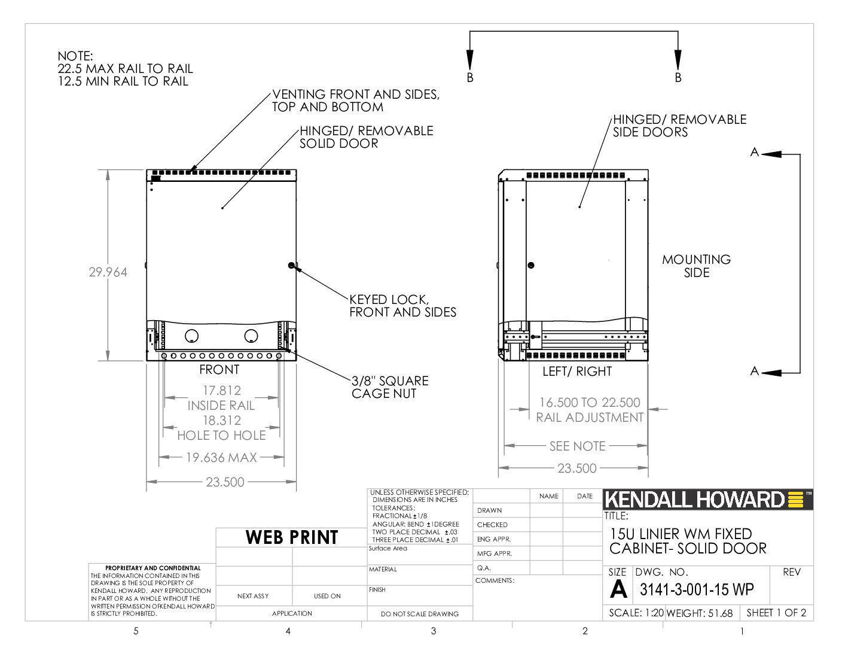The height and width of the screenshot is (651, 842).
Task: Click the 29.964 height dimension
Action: click(x=108, y=272)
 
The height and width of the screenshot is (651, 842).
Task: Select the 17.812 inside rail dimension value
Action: click(x=222, y=391)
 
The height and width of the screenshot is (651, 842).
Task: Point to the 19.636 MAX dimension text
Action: click(x=221, y=458)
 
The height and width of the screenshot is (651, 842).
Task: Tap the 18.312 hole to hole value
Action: click(x=222, y=420)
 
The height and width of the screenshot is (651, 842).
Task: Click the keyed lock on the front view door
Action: click(x=291, y=265)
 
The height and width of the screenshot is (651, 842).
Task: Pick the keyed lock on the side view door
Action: click(x=531, y=265)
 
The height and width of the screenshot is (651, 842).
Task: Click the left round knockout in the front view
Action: click(x=192, y=336)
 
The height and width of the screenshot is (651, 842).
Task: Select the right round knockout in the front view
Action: click(x=251, y=336)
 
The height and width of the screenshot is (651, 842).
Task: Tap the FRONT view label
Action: click(x=219, y=370)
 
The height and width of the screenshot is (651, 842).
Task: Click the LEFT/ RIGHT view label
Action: click(x=577, y=372)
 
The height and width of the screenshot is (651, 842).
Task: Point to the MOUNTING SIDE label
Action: click(x=696, y=266)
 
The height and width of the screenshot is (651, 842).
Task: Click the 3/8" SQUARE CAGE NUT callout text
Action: click(x=390, y=387)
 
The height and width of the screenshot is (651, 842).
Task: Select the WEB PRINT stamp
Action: click(x=292, y=537)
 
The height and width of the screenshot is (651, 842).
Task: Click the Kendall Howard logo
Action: click(x=707, y=500)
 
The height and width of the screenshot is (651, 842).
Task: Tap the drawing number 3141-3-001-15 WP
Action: click(x=697, y=590)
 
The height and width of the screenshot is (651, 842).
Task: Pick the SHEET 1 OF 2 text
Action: click(x=776, y=613)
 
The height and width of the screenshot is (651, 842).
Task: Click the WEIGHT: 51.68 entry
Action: click(x=700, y=613)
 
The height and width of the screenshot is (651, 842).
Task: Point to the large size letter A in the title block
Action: click(x=618, y=589)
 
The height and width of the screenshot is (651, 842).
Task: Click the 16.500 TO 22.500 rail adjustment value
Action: click(x=590, y=403)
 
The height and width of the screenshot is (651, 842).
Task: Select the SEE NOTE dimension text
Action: click(x=577, y=446)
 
